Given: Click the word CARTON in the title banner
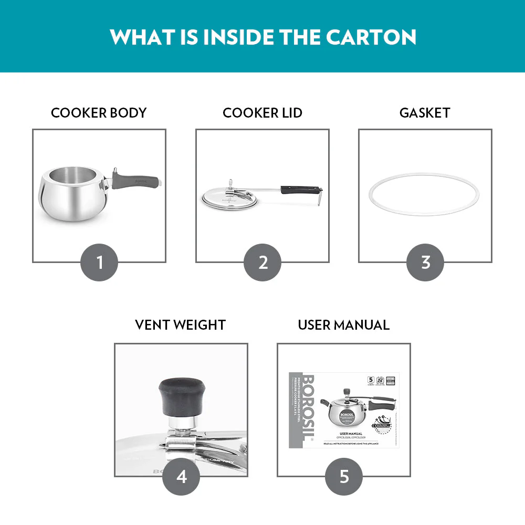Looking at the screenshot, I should click(x=371, y=37).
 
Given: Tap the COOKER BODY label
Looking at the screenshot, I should click(x=99, y=113).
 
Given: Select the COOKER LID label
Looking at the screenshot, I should click(x=262, y=113).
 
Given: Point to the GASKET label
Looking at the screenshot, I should click(x=425, y=113).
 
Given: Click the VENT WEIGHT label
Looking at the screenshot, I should click(x=180, y=325).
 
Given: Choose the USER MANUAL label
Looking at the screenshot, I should click(x=343, y=325).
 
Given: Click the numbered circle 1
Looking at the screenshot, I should click(x=99, y=262).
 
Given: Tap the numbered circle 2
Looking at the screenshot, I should click(x=262, y=262).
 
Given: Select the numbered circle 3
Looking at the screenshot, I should click(x=425, y=262).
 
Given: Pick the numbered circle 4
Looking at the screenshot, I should click(x=181, y=476).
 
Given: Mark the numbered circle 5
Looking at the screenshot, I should click(x=344, y=476).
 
